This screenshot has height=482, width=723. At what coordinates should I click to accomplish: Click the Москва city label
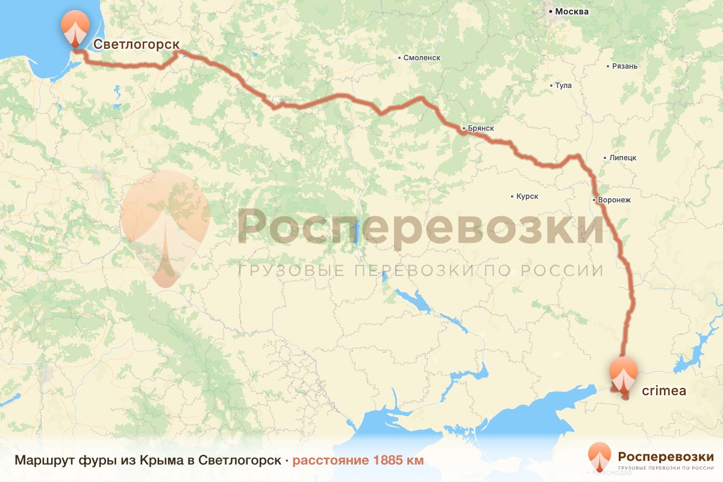[572, 11]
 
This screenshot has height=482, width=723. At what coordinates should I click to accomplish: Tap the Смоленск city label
[422, 58]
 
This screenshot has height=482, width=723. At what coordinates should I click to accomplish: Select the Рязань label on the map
[624, 66]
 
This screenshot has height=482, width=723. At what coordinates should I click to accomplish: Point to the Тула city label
[563, 86]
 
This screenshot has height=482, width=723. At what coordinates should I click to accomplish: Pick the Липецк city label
[623, 158]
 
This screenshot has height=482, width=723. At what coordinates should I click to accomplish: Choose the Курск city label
[527, 196]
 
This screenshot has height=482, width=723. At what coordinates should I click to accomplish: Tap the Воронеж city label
[615, 200]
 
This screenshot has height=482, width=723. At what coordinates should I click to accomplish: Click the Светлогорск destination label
[137, 44]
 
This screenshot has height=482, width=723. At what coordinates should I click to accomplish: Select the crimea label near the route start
[664, 391]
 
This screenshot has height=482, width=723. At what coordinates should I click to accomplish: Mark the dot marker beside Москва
[550, 11]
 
